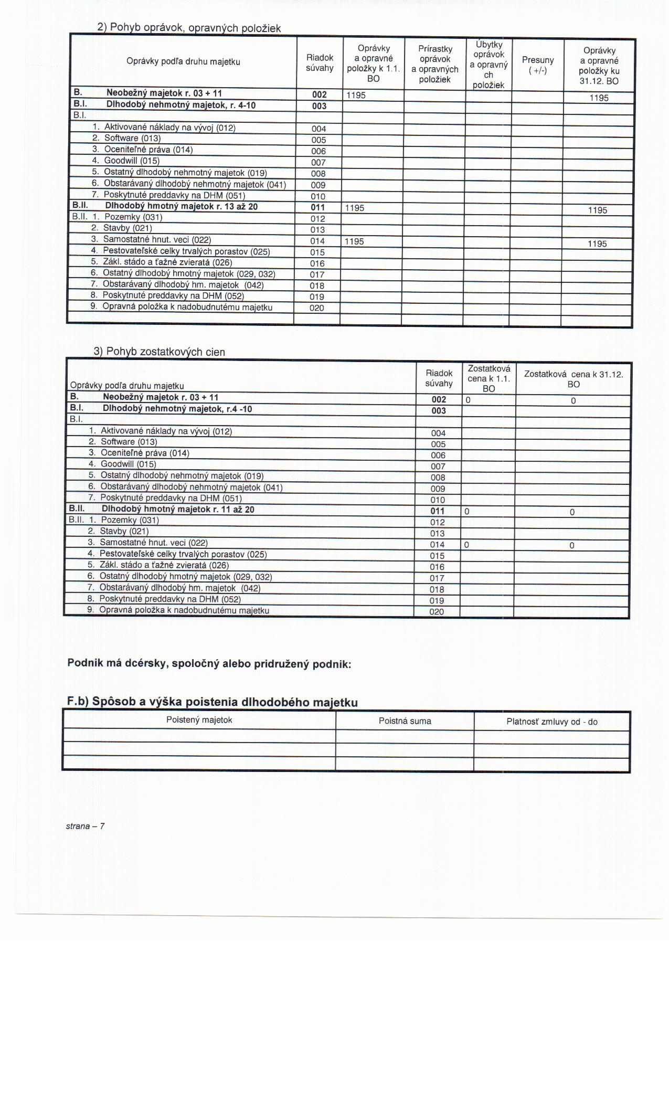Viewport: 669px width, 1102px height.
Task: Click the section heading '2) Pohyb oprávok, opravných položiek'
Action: pos(189,28)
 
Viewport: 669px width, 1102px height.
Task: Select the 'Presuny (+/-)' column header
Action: pos(537,65)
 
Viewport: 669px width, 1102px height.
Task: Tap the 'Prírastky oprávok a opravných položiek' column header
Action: pos(435,64)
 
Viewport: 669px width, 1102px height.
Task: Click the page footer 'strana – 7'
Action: pos(85,826)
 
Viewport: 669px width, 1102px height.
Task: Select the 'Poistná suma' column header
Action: pos(405,721)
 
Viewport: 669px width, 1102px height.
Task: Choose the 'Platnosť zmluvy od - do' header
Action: pos(552,722)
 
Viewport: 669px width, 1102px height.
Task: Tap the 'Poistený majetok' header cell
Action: pos(199,720)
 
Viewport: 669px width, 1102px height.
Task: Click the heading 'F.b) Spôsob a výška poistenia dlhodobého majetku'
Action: pos(213,702)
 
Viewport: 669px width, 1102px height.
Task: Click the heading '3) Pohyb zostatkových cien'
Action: pos(159,352)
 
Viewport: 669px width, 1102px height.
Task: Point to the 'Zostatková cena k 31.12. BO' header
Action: pos(574,379)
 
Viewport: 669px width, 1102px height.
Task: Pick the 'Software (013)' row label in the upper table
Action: pos(132,138)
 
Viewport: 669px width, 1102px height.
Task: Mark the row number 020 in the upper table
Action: pos(317,308)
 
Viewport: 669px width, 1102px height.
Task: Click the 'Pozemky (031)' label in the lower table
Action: pos(130,520)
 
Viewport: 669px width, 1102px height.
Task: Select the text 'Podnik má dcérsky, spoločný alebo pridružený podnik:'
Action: pos(209,664)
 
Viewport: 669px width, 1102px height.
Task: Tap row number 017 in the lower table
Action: pos(437,578)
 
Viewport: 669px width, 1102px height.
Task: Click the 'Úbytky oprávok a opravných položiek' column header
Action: pos(489,65)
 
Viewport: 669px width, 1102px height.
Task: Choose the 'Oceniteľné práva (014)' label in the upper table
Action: pos(148,150)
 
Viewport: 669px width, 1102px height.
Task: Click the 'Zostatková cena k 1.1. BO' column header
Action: pos(489,378)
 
